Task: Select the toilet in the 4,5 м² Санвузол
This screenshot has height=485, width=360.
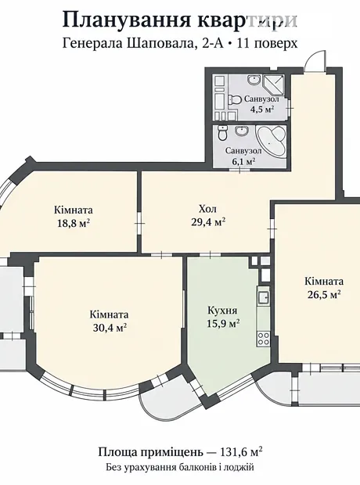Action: (x=235, y=100)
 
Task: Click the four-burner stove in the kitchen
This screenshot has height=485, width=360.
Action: (x=264, y=338)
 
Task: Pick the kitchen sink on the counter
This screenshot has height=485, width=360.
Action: (x=264, y=297)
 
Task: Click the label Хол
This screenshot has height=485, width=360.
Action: (x=207, y=210)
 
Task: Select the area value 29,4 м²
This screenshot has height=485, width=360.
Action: (x=207, y=222)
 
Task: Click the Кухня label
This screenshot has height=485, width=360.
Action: (x=222, y=311)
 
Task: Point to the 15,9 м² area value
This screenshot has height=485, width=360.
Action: (x=223, y=323)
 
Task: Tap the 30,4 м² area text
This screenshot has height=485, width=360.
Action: (x=110, y=328)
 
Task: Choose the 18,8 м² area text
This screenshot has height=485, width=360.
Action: (x=74, y=223)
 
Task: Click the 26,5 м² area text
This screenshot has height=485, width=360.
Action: (x=324, y=294)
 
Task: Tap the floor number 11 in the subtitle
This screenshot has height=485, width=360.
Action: (x=242, y=43)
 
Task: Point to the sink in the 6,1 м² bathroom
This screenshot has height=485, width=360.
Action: (x=241, y=131)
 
